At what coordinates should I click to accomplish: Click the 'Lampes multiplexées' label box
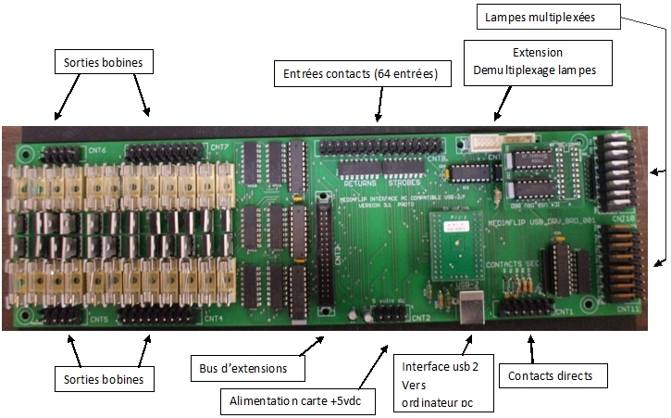(x=550, y=17)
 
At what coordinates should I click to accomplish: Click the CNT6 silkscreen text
(x=96, y=149)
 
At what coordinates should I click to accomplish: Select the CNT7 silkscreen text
(x=219, y=147)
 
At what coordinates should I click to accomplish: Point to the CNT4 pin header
(x=163, y=316)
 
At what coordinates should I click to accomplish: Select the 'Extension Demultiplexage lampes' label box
(x=537, y=62)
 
